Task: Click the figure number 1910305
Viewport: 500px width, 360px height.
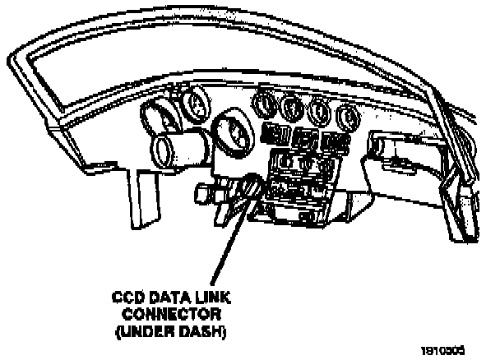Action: tap(448, 349)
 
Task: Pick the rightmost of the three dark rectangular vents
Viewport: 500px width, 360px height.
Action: tap(332, 141)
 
